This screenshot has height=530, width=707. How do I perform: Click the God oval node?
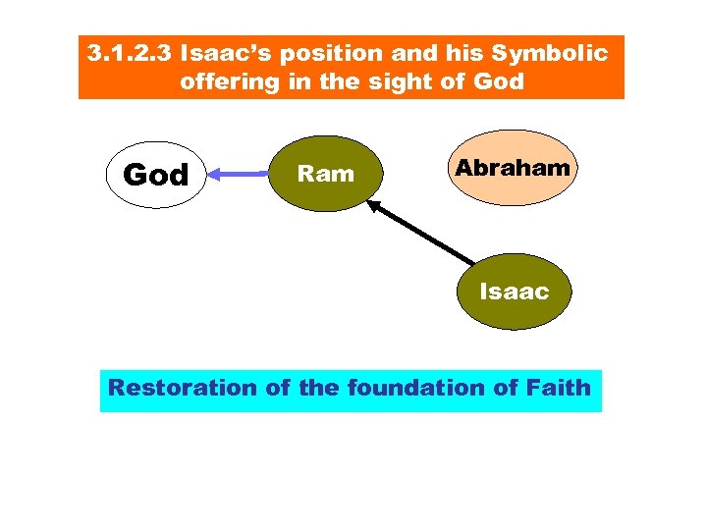point(154,175)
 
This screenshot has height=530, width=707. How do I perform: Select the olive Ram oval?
point(325,174)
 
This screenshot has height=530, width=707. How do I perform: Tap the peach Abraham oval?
point(512,167)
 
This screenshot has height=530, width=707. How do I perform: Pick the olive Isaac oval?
point(514,291)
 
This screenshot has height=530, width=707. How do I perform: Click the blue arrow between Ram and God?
point(241,175)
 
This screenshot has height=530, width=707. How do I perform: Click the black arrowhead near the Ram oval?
point(374,205)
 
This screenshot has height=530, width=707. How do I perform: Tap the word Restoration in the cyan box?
point(182,387)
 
